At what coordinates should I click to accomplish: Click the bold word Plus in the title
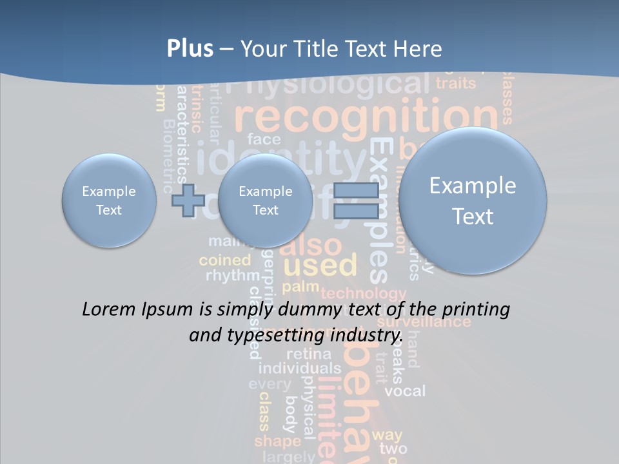190,49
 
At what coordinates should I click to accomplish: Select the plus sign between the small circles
188,200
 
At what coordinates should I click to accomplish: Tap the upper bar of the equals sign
356,190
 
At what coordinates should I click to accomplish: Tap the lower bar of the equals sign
356,211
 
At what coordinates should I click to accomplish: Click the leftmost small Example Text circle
109,200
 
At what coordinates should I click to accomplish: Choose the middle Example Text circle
265,200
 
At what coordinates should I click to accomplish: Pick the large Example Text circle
473,200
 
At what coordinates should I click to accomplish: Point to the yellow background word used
320,265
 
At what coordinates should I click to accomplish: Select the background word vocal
405,391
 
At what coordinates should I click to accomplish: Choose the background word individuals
299,369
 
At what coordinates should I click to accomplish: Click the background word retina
309,354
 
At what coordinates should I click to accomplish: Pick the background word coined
224,260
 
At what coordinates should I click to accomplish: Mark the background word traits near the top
456,83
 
